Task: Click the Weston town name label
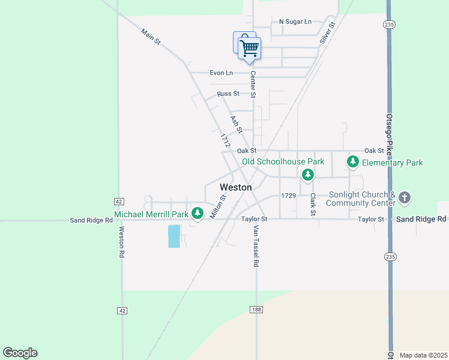coord(235,187)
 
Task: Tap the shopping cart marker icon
coord(249,47)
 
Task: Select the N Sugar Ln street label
coord(295,22)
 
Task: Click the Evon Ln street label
coord(221,73)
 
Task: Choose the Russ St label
coord(228,94)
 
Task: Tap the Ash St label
coord(237,125)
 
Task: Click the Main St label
coord(151,37)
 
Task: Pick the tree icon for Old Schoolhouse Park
coord(308,175)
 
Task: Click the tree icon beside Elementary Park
coord(353,162)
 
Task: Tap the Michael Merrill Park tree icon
coord(197,214)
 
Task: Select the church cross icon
coord(405,197)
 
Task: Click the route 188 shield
coord(256,310)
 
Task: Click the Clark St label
coord(313,204)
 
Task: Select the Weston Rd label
coord(121,242)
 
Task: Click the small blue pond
coord(174,236)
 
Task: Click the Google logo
coord(20,353)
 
